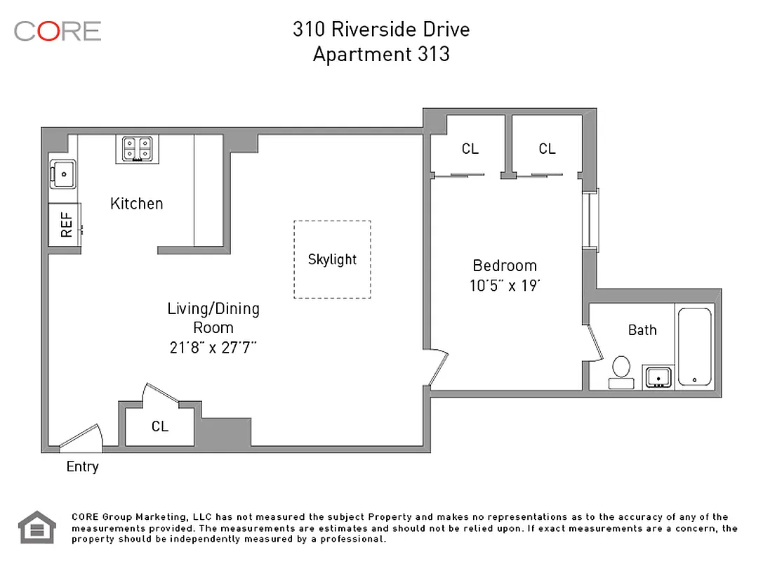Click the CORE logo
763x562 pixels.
click(58, 31)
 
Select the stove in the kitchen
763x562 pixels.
click(137, 150)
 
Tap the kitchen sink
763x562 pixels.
click(63, 173)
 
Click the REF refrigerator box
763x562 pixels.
click(65, 225)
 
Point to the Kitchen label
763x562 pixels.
click(137, 204)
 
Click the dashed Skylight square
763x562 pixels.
click(332, 259)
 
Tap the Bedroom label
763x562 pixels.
click(505, 266)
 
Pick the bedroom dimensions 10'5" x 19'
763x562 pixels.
click(505, 286)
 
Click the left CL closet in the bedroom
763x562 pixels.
click(469, 149)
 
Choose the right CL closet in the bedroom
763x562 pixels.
click(547, 149)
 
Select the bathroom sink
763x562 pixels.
click(658, 377)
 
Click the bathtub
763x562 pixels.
click(694, 346)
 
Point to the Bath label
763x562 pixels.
click(642, 329)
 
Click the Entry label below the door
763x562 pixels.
click(82, 466)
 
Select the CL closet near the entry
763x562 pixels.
click(160, 426)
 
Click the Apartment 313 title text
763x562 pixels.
click(381, 54)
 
